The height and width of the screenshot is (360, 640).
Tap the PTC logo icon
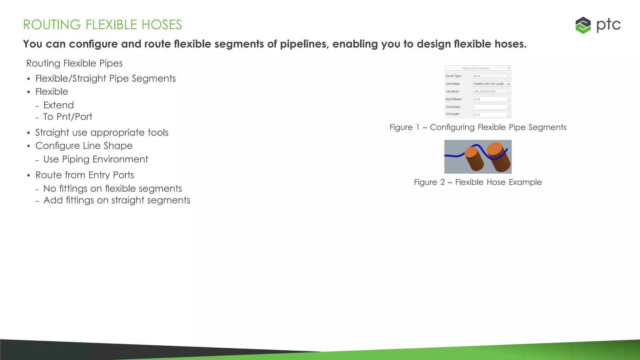click(583, 25)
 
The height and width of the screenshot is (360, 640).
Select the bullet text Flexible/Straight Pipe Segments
click(105, 78)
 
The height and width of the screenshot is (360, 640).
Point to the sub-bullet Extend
click(58, 105)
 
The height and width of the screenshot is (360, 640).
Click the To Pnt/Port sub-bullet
click(67, 117)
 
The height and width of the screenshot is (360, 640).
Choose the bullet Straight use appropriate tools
click(102, 132)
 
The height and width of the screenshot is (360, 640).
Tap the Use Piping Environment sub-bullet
click(96, 159)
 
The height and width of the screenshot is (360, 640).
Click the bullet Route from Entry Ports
click(85, 175)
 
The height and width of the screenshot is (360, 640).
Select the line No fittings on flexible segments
click(112, 189)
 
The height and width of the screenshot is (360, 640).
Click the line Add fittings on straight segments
click(117, 200)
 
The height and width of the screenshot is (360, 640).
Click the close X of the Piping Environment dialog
click(509, 68)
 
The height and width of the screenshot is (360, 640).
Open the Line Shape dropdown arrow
click(508, 84)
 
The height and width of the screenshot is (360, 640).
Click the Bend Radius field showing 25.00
click(489, 99)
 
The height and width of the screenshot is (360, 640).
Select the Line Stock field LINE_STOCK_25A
click(489, 92)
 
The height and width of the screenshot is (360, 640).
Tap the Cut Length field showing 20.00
click(489, 115)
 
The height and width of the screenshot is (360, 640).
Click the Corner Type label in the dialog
click(453, 76)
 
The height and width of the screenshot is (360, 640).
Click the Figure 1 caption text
click(478, 127)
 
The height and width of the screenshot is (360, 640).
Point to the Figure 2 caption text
click(478, 182)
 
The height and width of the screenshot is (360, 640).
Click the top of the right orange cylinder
click(495, 149)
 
